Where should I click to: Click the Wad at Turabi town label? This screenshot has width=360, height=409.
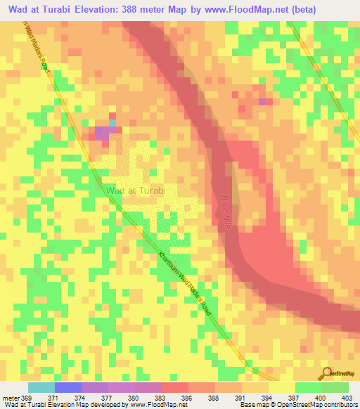[135, 190]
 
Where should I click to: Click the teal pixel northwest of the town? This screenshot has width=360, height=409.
[112, 122]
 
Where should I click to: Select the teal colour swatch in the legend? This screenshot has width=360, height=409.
[41, 387]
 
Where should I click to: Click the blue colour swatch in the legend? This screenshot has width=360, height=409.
[68, 387]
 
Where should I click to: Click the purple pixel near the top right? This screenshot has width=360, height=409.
[263, 102]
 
